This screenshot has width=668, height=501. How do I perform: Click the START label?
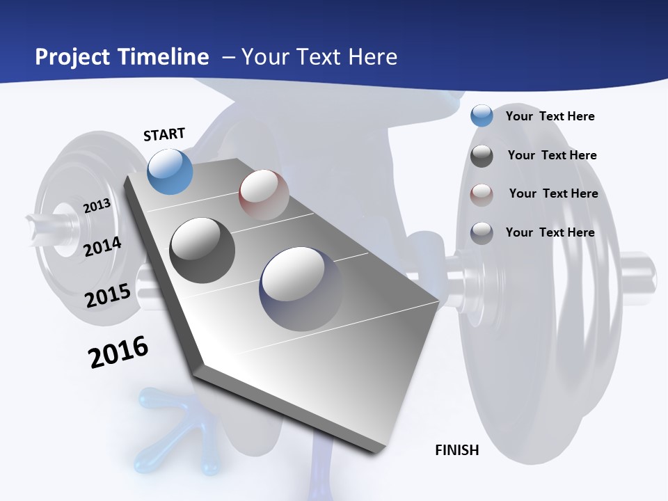pyautogui.click(x=164, y=134)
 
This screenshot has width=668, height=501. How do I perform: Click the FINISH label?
pyautogui.click(x=457, y=450)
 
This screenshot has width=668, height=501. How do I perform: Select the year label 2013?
pyautogui.click(x=97, y=206)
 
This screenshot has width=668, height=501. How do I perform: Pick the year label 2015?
pyautogui.click(x=108, y=296)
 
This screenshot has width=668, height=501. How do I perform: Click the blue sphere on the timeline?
pyautogui.click(x=170, y=171)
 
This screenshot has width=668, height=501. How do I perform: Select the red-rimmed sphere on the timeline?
pyautogui.click(x=264, y=195)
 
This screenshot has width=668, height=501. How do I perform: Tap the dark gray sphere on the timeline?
pyautogui.click(x=202, y=250)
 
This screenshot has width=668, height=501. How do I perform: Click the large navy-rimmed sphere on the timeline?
pyautogui.click(x=301, y=288)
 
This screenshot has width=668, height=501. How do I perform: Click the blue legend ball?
pyautogui.click(x=482, y=116)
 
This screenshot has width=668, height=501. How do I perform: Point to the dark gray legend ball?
pyautogui.click(x=482, y=156)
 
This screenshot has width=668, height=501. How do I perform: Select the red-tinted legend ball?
pyautogui.click(x=482, y=194)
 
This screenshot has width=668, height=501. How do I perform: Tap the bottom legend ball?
pyautogui.click(x=482, y=232)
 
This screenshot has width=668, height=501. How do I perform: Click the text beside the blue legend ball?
pyautogui.click(x=550, y=116)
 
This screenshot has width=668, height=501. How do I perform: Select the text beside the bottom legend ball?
pyautogui.click(x=550, y=232)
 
